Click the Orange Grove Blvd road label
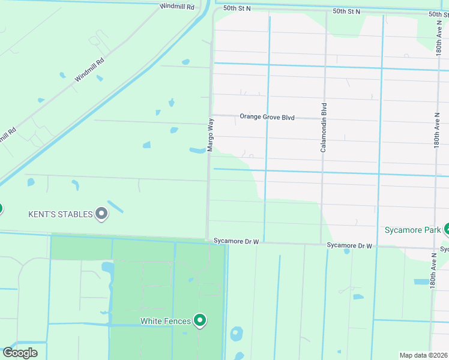click(x=267, y=117)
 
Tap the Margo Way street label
click(x=211, y=134)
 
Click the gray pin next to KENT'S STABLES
click(x=102, y=213)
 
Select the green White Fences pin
click(x=200, y=321)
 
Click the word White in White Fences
click(x=151, y=321)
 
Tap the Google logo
click(x=20, y=352)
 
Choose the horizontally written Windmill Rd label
click(x=177, y=7)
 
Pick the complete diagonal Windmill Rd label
click(x=89, y=70)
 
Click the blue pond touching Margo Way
click(x=198, y=150)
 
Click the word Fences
click(x=178, y=321)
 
